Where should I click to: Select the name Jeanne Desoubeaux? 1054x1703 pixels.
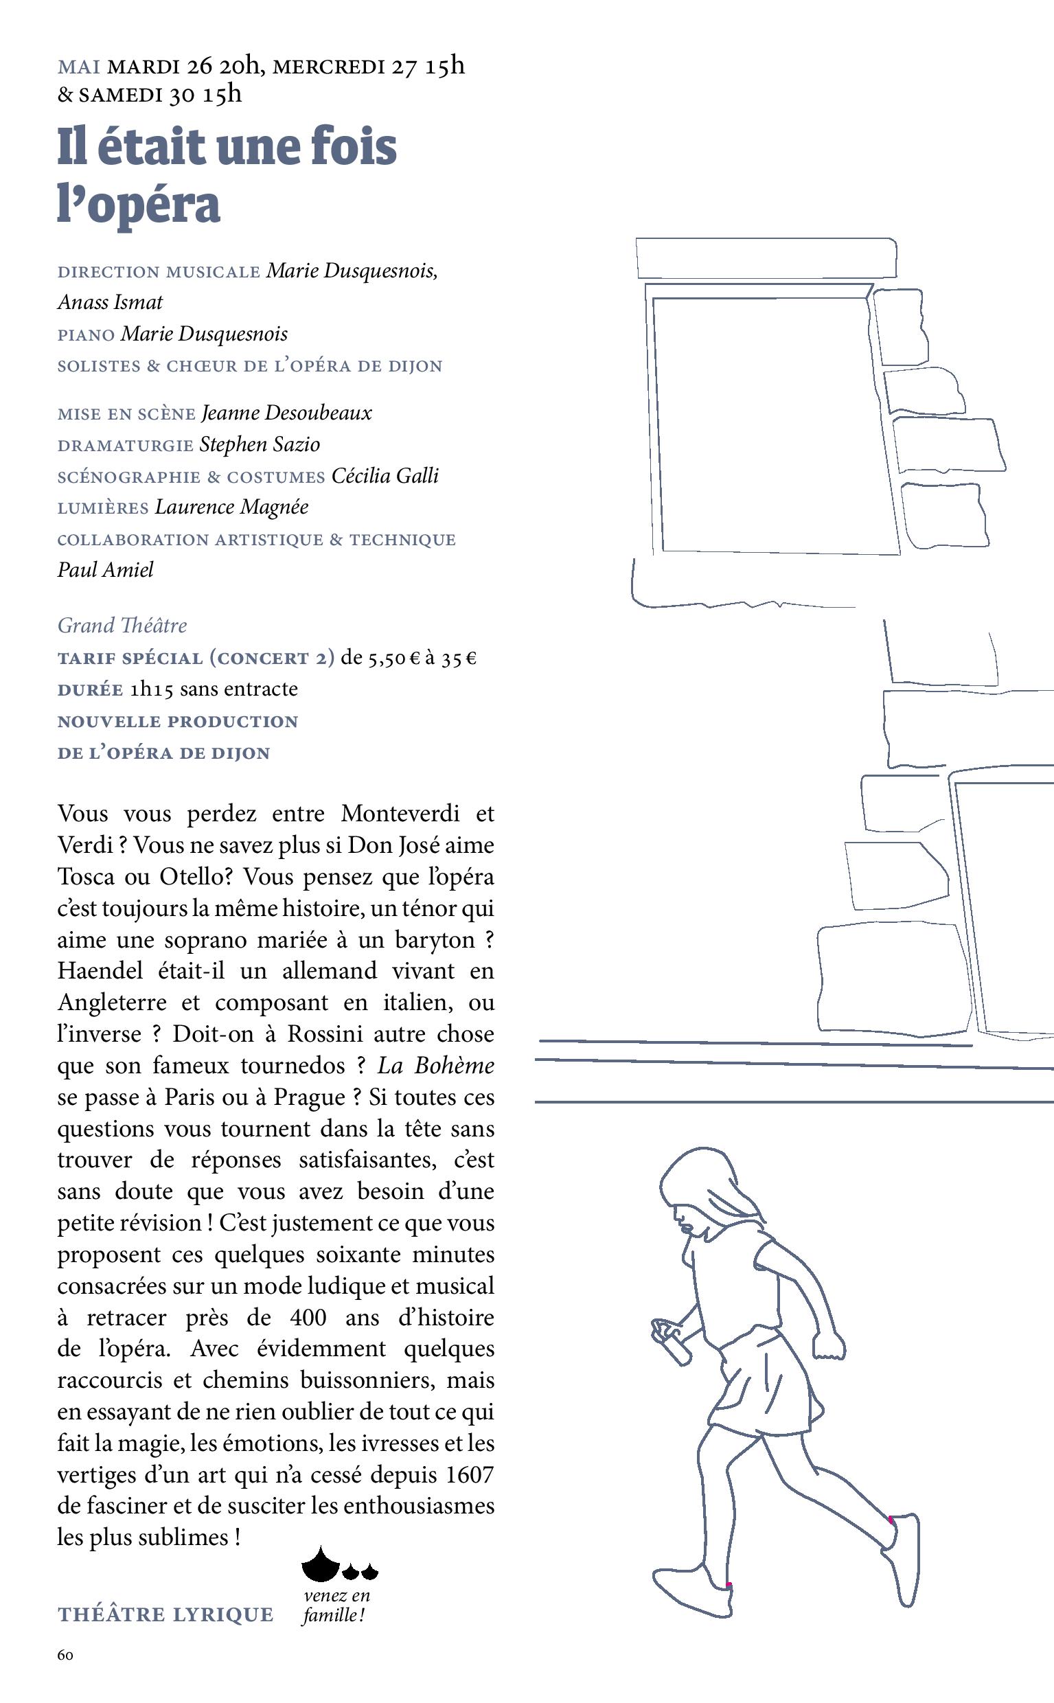click(286, 413)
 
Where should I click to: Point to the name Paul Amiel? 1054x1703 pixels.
click(105, 570)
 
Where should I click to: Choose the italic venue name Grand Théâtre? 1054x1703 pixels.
click(122, 626)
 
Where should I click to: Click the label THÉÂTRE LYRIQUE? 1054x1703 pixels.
click(165, 1614)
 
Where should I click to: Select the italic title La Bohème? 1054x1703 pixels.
click(436, 1065)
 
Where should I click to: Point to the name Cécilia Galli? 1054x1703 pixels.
click(385, 476)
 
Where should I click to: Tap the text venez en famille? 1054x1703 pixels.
click(336, 1605)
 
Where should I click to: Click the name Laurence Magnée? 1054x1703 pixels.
click(231, 507)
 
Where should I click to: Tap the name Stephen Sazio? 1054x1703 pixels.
click(260, 445)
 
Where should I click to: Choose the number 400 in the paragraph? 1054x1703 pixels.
click(308, 1318)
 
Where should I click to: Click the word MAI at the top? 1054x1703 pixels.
click(79, 67)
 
